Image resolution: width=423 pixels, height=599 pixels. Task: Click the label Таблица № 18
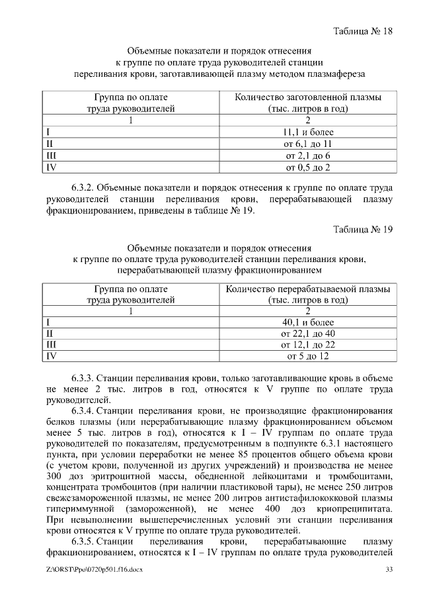pyautogui.click(x=364, y=32)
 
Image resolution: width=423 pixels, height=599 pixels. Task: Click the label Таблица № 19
pyautogui.click(x=364, y=229)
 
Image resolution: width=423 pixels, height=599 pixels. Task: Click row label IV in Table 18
pyautogui.click(x=50, y=167)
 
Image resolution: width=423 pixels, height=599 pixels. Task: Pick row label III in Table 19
pyautogui.click(x=51, y=345)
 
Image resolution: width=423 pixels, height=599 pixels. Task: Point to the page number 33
pyautogui.click(x=389, y=570)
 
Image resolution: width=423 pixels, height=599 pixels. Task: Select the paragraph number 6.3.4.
pyautogui.click(x=85, y=412)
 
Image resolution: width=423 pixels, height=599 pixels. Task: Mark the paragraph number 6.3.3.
pyautogui.click(x=85, y=378)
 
